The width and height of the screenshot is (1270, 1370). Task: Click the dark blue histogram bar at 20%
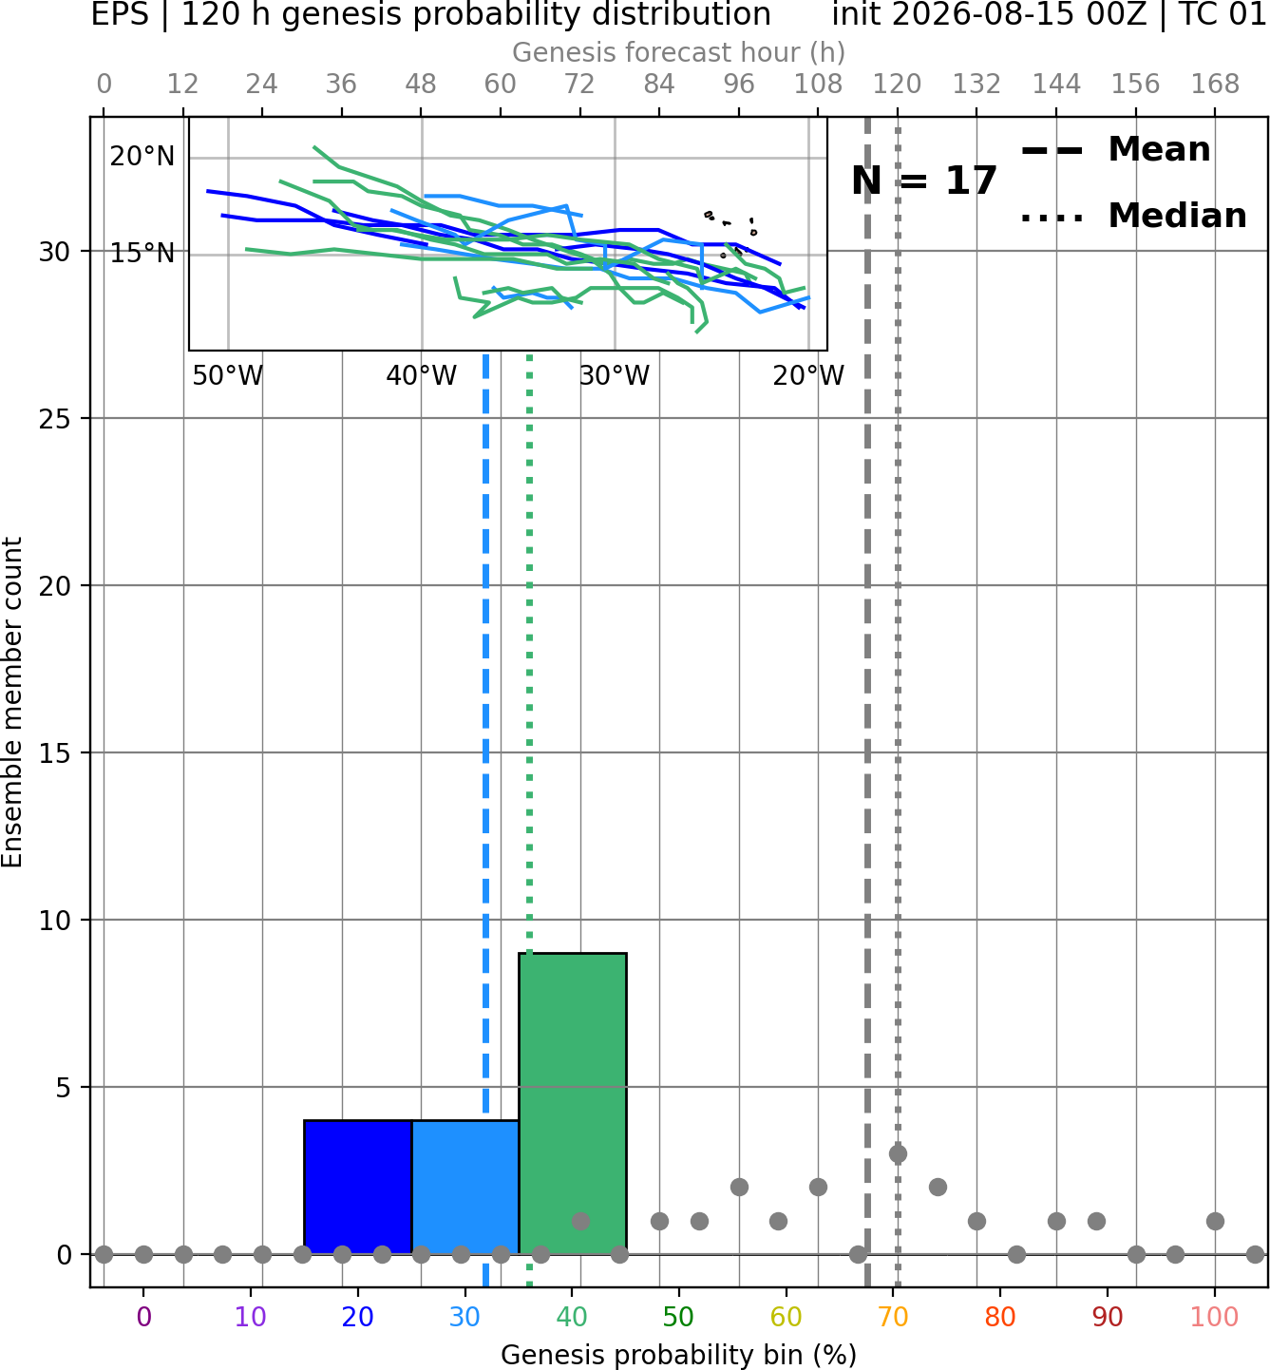point(358,1188)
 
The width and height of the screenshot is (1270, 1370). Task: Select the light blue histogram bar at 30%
point(464,1188)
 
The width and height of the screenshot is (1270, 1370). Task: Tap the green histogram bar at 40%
point(573,1104)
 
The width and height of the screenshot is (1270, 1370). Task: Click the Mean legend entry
point(1115,150)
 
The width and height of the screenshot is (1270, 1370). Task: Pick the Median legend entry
point(1133,216)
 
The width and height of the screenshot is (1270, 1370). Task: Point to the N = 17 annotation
point(923,181)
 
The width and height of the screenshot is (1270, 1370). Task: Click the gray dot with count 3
point(898,1153)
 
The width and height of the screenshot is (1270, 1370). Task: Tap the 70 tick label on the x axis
point(893,1317)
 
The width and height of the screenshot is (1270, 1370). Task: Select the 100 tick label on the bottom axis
point(1214,1317)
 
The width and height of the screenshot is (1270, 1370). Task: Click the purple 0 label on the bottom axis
point(143,1317)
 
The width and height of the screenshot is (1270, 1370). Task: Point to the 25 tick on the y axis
point(54,419)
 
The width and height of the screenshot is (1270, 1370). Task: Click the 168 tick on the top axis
point(1215,85)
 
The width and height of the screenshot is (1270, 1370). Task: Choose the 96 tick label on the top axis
point(739,85)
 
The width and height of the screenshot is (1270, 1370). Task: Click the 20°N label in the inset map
point(142,158)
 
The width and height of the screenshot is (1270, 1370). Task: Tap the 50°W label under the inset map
point(228,376)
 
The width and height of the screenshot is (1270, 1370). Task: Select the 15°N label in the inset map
point(142,254)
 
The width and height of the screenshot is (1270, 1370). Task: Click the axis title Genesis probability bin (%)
point(679,1355)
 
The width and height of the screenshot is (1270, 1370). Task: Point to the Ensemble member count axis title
point(11,702)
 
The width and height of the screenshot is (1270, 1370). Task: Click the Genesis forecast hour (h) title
point(679,52)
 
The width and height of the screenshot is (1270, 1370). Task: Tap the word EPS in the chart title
point(120,14)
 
